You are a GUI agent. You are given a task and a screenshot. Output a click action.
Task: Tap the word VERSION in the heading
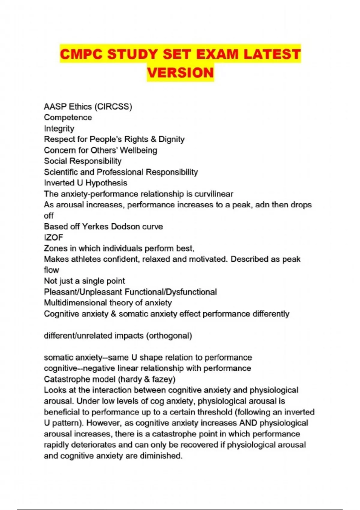(180, 73)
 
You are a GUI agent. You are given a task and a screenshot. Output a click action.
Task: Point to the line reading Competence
(68, 117)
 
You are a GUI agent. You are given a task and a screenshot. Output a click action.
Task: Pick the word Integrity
(59, 128)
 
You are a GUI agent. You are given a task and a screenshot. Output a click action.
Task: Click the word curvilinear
(214, 194)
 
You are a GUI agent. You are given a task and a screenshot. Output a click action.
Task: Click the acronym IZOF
(53, 237)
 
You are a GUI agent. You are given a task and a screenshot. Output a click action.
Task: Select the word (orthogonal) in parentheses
(169, 335)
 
